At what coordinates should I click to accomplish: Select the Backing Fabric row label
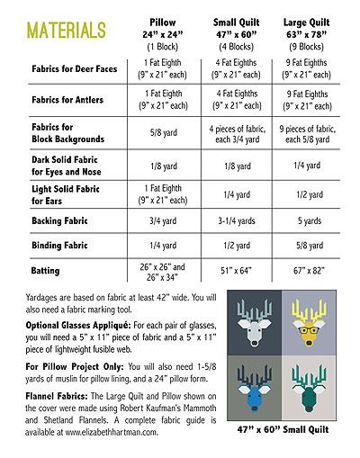tap(56, 219)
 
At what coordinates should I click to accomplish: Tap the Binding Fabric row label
tap(57, 244)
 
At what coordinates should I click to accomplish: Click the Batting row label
tap(44, 270)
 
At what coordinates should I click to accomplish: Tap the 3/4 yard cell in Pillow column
tap(164, 219)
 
